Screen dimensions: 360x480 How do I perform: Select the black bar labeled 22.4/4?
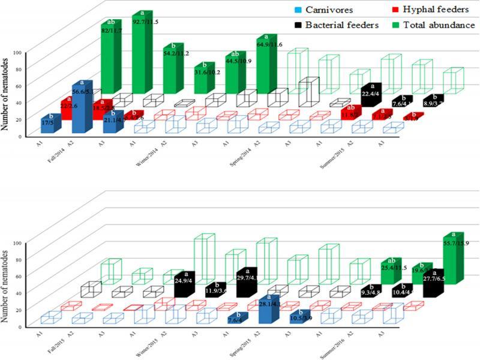[x=371, y=96]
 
